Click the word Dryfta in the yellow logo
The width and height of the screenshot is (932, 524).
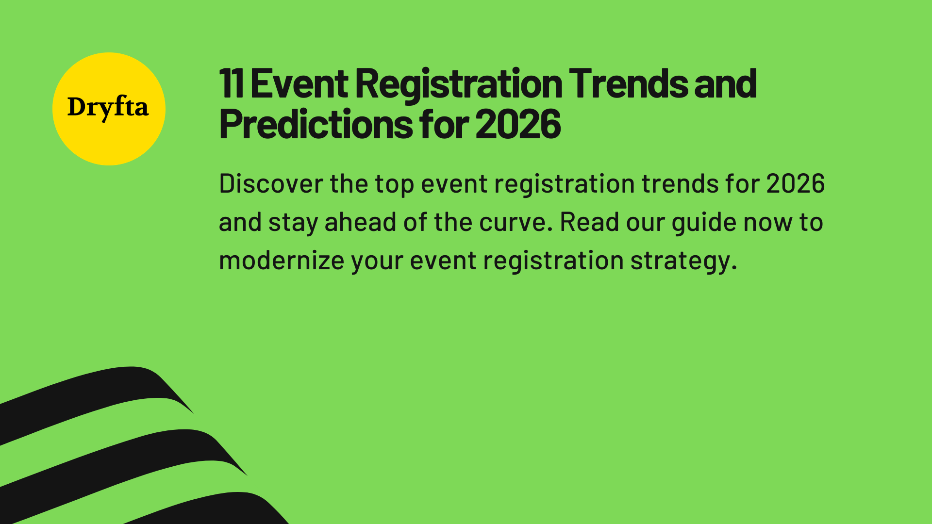pyautogui.click(x=108, y=107)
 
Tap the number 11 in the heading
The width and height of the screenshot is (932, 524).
pyautogui.click(x=231, y=84)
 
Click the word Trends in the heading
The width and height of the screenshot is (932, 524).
pyautogui.click(x=628, y=84)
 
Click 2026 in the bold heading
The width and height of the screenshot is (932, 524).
pyautogui.click(x=518, y=125)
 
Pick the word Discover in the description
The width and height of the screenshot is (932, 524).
pyautogui.click(x=271, y=184)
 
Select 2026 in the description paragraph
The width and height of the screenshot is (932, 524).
pyautogui.click(x=795, y=184)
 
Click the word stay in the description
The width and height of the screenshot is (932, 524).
pyautogui.click(x=293, y=223)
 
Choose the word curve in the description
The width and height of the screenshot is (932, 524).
pyautogui.click(x=516, y=223)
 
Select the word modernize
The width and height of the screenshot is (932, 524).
pyautogui.click(x=282, y=261)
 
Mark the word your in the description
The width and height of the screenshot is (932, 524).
pyautogui.click(x=377, y=261)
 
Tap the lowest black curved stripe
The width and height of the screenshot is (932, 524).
pyautogui.click(x=218, y=509)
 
